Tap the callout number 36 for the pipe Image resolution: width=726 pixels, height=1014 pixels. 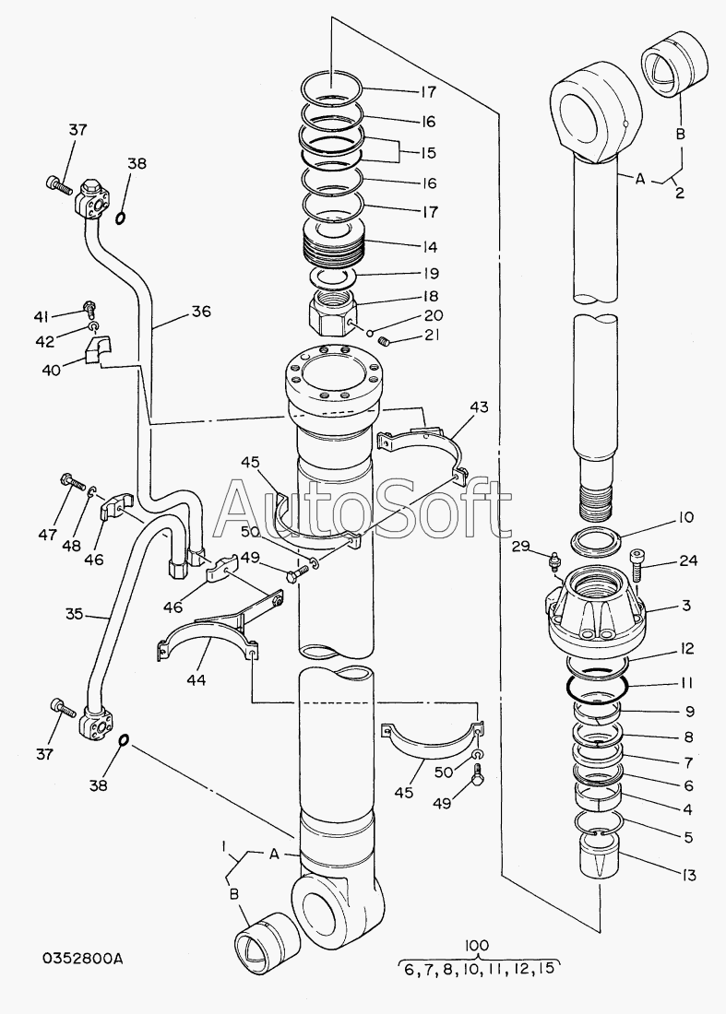200,311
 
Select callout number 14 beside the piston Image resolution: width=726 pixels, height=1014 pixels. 428,246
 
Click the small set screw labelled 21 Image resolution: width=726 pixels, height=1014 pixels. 386,340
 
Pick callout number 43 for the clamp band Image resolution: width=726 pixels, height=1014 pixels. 480,407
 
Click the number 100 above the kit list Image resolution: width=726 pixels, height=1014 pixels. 477,945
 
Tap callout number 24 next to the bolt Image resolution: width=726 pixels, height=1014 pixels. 688,560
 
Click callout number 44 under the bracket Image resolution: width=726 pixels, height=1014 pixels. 196,679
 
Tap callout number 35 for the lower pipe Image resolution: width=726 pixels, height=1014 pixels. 75,613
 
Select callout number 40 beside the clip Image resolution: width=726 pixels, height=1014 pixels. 52,370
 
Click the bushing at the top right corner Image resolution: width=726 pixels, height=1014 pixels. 675,62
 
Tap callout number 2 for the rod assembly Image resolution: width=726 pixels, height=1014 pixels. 680,192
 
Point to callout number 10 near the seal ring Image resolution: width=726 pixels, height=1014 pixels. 685,517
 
